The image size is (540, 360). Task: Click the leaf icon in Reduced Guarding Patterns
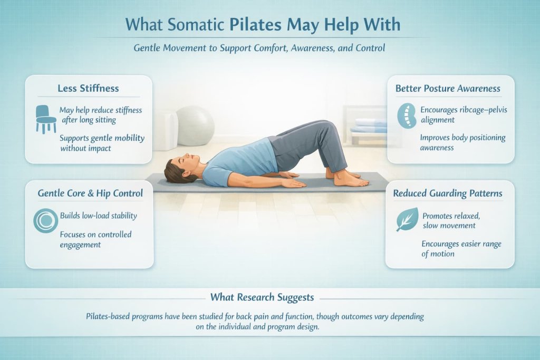point(407,219)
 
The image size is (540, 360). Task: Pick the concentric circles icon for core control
point(45,221)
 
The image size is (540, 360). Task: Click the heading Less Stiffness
point(88,87)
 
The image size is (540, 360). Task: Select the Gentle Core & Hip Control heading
point(90,193)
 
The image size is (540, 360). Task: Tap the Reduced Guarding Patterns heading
point(448,193)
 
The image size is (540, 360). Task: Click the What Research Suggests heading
point(262,297)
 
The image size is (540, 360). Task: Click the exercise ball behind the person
point(195,125)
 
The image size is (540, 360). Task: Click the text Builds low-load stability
point(99,216)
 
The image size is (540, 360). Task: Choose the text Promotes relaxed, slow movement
point(449,220)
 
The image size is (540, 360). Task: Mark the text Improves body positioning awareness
point(462,142)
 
